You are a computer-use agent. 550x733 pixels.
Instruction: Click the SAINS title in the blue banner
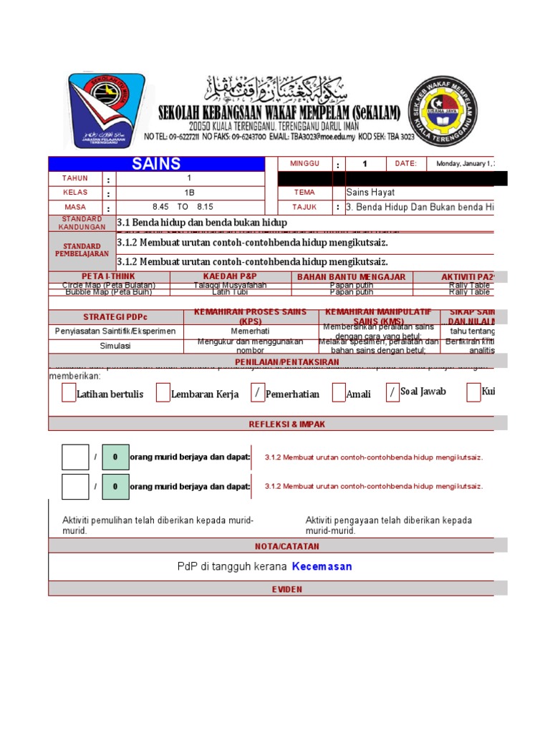click(156, 164)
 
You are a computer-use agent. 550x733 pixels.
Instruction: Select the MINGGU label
click(304, 164)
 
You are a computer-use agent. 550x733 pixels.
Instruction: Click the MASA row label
click(75, 208)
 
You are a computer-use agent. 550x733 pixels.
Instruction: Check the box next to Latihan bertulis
click(68, 393)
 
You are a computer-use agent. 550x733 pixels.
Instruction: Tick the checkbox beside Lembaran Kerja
click(163, 393)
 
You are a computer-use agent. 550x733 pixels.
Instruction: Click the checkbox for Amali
click(338, 393)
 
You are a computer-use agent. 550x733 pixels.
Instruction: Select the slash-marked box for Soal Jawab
click(392, 392)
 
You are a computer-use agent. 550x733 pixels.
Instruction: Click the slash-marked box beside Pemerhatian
click(257, 393)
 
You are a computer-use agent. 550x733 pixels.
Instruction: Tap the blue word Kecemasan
click(322, 566)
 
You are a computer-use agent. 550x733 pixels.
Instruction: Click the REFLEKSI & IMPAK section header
click(286, 424)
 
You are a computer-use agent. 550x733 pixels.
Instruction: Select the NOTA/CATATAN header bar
click(286, 546)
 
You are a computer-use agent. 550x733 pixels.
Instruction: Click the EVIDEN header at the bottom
click(286, 589)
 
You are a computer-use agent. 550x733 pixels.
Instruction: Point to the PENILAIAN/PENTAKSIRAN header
click(286, 362)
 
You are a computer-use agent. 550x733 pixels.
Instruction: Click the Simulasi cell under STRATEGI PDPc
click(115, 346)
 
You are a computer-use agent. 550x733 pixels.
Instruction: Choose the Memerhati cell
click(251, 331)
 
